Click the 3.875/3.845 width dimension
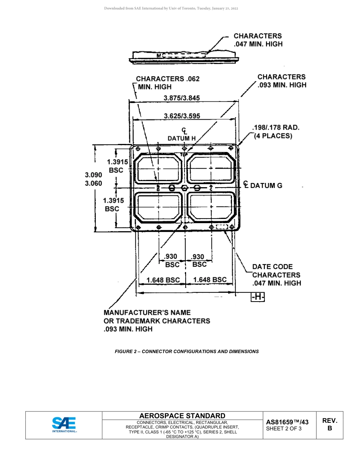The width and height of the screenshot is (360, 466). tap(182, 98)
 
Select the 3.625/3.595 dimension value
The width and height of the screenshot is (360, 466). tap(182, 116)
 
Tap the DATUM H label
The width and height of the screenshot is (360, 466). tap(182, 138)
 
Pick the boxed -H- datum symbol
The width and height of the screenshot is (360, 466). tap(258, 297)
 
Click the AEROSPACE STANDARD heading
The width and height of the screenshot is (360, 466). tap(182, 416)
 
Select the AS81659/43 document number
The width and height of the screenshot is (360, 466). tap(287, 422)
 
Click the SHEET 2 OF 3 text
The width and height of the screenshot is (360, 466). tap(284, 429)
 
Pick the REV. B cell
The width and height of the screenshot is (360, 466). tap(330, 424)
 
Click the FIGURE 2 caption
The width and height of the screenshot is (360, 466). tap(187, 351)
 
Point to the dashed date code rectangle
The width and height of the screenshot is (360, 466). tap(222, 227)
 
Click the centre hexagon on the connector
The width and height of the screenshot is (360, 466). tap(185, 188)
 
